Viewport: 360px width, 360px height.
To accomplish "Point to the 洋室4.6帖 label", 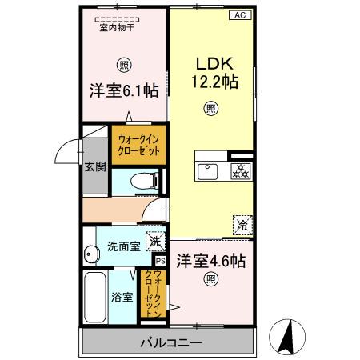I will point(210,261).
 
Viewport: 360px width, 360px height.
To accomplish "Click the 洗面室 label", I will point(123,246).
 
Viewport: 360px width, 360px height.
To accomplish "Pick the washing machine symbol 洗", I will point(155,242).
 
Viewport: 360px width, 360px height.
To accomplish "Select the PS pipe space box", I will point(159,261).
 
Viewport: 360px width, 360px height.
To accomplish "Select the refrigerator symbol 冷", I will point(241,225).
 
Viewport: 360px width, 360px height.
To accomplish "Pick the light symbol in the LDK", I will point(210,108).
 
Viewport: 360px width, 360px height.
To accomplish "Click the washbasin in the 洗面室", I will point(89,254).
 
